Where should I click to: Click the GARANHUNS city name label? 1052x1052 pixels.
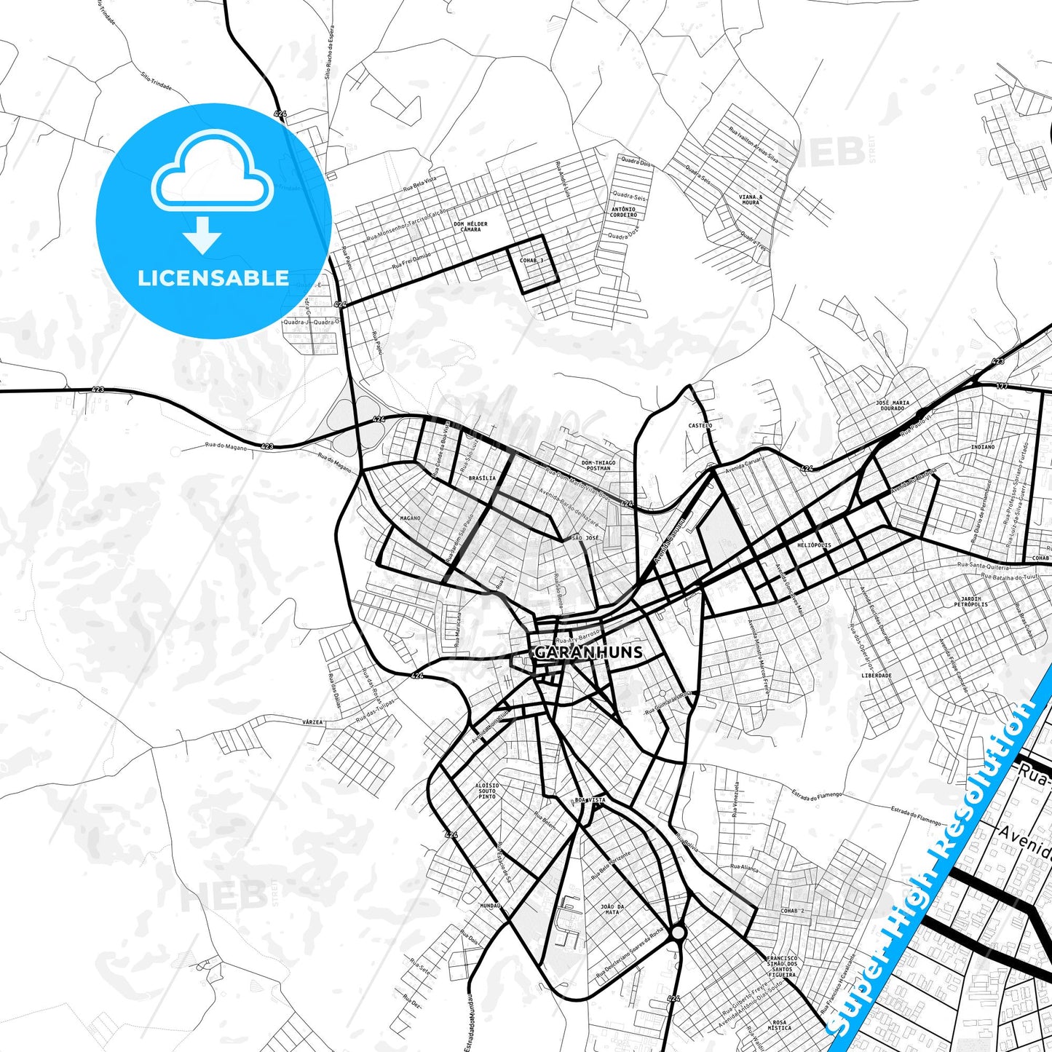pyautogui.click(x=588, y=652)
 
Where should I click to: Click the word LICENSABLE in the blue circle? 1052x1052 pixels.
pyautogui.click(x=213, y=278)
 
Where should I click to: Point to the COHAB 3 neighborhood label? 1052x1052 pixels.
pyautogui.click(x=531, y=261)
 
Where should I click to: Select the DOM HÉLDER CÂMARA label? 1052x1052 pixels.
pyautogui.click(x=470, y=226)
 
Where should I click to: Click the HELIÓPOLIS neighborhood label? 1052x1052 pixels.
pyautogui.click(x=814, y=545)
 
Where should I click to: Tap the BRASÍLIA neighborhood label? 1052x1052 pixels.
pyautogui.click(x=482, y=478)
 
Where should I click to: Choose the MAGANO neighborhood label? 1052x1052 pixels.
pyautogui.click(x=411, y=518)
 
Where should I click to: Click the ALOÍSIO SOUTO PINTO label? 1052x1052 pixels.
pyautogui.click(x=487, y=791)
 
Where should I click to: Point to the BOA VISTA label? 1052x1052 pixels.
pyautogui.click(x=590, y=800)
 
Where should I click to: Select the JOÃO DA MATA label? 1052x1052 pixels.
pyautogui.click(x=612, y=909)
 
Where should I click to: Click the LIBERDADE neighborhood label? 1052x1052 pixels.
pyautogui.click(x=876, y=675)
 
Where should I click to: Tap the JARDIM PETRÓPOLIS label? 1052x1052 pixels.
pyautogui.click(x=971, y=601)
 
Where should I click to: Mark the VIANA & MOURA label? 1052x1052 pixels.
pyautogui.click(x=751, y=199)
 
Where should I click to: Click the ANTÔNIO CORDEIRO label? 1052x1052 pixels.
pyautogui.click(x=623, y=212)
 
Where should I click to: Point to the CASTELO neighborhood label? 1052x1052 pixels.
pyautogui.click(x=700, y=425)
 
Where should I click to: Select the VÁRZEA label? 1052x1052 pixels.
pyautogui.click(x=312, y=722)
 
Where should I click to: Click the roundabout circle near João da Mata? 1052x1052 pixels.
pyautogui.click(x=679, y=932)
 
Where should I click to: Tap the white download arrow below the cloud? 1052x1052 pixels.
pyautogui.click(x=202, y=234)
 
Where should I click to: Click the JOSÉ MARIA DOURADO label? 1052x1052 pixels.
pyautogui.click(x=893, y=405)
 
